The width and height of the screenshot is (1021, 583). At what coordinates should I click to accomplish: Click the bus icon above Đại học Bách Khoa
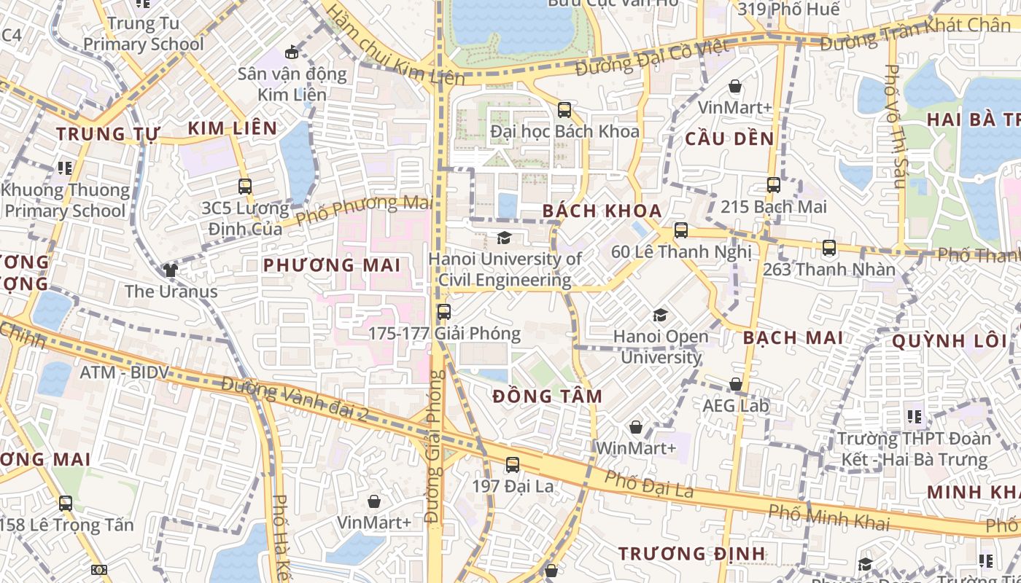(564, 110)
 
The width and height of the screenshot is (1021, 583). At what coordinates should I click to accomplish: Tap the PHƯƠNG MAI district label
(332, 265)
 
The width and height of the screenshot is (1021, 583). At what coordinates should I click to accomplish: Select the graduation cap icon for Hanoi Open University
(660, 315)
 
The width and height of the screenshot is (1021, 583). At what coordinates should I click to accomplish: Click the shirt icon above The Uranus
(171, 270)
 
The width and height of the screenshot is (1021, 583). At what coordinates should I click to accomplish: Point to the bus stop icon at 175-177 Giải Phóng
(443, 313)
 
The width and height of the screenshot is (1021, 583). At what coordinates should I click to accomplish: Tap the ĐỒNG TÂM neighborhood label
(547, 396)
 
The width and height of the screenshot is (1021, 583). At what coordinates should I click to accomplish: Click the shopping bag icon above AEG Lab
(736, 384)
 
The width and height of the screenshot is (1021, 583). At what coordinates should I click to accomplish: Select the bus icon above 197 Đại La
(513, 465)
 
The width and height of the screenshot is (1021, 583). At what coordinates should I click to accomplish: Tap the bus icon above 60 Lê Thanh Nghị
(680, 230)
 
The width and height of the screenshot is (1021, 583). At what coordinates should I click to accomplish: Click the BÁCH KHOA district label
(602, 211)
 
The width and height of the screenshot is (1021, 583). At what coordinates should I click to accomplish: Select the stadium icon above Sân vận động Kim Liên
(292, 52)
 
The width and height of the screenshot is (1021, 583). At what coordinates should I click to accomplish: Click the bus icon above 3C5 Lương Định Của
(244, 187)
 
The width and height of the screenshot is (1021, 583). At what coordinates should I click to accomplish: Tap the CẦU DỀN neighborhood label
(729, 138)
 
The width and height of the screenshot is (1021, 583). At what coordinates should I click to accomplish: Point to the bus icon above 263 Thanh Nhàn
(828, 248)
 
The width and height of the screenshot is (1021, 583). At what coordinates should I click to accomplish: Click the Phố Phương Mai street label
(362, 208)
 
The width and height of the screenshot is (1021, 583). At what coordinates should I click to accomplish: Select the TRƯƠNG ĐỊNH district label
(691, 554)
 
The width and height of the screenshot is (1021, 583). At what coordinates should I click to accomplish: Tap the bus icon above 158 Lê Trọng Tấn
(66, 504)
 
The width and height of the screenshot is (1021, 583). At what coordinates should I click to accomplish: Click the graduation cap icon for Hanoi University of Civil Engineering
(504, 238)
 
